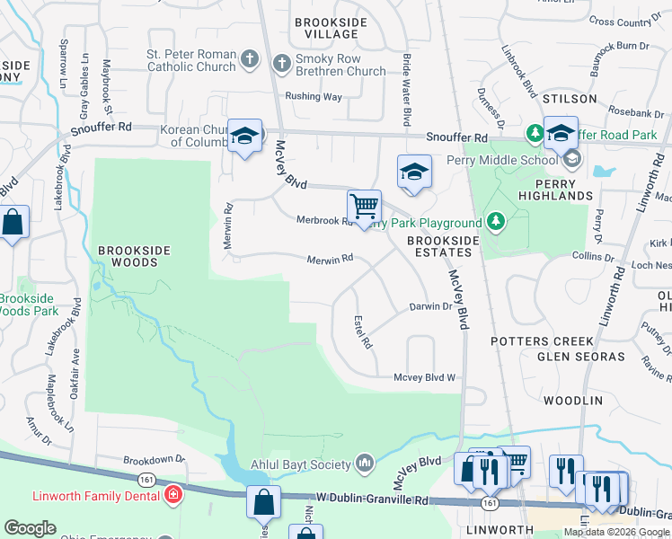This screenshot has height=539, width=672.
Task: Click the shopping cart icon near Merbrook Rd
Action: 364,207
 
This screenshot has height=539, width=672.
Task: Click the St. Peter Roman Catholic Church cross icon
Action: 252,60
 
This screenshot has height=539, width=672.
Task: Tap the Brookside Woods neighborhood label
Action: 128,256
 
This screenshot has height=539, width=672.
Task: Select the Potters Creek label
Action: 543,341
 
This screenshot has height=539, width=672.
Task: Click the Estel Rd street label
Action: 364,331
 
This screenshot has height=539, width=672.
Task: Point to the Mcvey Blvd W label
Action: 425,378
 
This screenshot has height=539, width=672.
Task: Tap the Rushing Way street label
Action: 314,96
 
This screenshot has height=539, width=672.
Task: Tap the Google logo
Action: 30,528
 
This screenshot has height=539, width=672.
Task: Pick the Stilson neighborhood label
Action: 570,98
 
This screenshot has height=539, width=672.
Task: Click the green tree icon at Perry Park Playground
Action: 494,221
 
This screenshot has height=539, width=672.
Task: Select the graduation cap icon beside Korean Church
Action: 243,136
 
